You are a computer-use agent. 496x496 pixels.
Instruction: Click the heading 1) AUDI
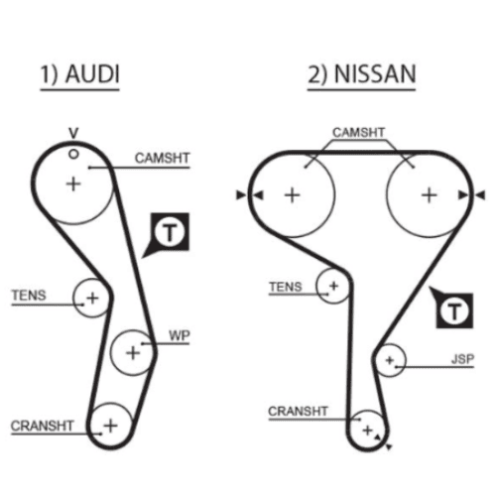[x=79, y=73]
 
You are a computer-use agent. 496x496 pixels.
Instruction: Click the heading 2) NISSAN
[x=362, y=73]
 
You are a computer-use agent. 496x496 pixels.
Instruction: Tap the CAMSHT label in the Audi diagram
[x=162, y=158]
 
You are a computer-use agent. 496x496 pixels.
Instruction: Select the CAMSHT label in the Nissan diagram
[x=358, y=132]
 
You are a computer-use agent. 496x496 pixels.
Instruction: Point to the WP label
[x=180, y=335]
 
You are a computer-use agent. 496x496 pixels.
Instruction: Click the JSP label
[x=462, y=359]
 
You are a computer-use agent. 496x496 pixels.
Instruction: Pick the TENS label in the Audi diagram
[x=29, y=295]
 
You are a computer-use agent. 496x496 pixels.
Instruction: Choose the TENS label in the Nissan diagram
[x=286, y=287]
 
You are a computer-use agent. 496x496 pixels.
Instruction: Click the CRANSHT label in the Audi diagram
[x=42, y=426]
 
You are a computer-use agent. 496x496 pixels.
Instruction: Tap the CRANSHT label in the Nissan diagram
[x=298, y=411]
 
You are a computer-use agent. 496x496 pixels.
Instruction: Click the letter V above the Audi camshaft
[x=73, y=133]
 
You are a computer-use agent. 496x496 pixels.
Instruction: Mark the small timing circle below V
[x=73, y=154]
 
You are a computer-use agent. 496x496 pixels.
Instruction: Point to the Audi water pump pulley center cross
[x=133, y=352]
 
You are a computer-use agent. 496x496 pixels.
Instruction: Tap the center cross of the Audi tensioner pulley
[x=92, y=298]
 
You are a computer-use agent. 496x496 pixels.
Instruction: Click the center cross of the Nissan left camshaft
[x=293, y=195]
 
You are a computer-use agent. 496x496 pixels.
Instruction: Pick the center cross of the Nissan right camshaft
[x=430, y=195]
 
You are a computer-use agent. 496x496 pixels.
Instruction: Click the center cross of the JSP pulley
[x=390, y=360]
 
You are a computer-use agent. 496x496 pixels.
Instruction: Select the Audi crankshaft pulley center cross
[x=110, y=426]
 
